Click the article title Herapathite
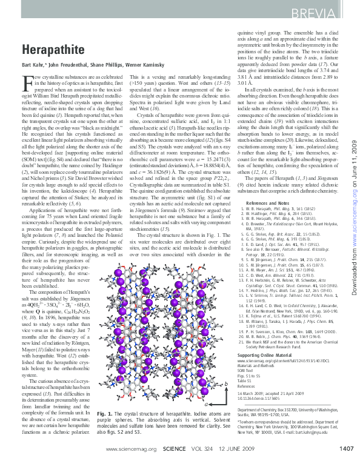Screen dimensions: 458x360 49,50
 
